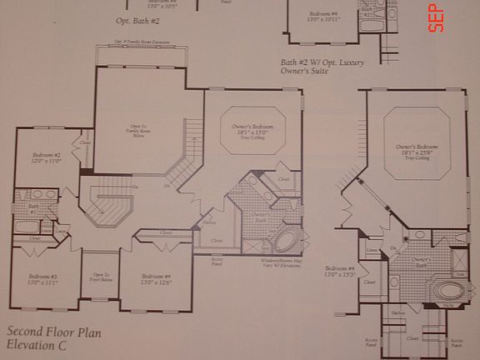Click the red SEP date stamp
coord(435,17)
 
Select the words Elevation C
coord(38,343)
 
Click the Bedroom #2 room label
coord(46,158)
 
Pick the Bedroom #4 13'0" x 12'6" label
coord(156,278)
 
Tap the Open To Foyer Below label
coord(100,277)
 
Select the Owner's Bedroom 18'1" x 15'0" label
coord(252,130)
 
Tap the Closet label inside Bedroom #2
coord(85,142)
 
